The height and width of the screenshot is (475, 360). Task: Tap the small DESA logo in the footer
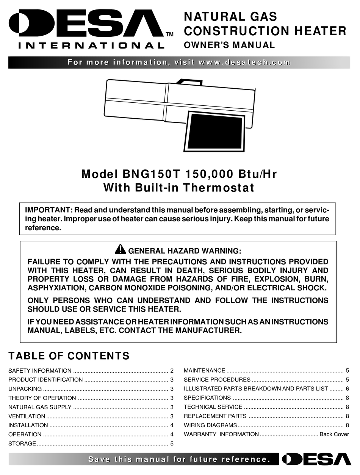[316, 459]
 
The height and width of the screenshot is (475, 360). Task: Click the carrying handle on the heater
[188, 81]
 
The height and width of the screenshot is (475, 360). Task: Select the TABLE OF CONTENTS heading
[69, 356]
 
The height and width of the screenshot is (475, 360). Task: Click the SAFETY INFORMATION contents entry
[40, 371]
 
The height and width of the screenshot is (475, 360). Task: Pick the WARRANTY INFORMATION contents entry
[221, 434]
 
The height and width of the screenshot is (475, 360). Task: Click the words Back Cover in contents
[334, 434]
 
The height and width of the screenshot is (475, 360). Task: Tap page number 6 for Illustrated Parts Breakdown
[347, 389]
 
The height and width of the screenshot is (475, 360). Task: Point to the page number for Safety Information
[172, 371]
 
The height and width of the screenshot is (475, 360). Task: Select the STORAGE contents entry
[22, 444]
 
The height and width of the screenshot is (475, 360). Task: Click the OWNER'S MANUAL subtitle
[229, 45]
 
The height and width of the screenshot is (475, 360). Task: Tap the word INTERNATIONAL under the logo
[91, 46]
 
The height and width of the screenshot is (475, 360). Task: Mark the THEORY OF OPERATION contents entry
[42, 398]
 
